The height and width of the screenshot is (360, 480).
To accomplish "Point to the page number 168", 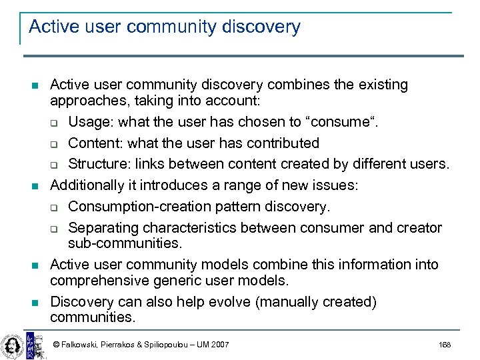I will [x=445, y=345].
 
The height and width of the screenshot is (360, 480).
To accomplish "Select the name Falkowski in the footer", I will [x=79, y=345].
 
